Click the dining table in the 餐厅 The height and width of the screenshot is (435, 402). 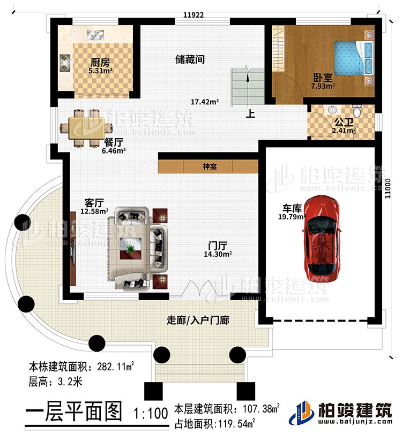pos(86,127)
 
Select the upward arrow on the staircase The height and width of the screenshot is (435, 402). pos(248,75)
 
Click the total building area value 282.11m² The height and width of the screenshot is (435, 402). pos(116,368)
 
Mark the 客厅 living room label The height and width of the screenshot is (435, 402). pos(94,203)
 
